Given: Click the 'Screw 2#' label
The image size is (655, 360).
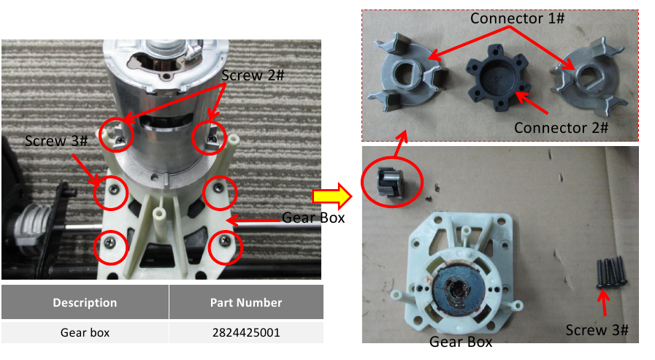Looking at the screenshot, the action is point(253,76).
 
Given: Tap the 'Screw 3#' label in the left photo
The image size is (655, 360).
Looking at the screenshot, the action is point(56,141).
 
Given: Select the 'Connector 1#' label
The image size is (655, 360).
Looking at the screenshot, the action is point(517,18).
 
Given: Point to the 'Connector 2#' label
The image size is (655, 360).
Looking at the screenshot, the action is point(561,128).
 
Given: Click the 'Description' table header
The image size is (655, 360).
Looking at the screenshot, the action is point(85,302).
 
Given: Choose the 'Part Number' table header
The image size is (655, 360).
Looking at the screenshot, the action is point(246,302).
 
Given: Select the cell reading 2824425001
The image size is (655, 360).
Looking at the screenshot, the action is point(246,332).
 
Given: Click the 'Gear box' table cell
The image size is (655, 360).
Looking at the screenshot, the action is point(85,332).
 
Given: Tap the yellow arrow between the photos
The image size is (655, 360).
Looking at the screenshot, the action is point(332,196).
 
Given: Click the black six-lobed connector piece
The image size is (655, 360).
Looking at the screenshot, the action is point(497,77).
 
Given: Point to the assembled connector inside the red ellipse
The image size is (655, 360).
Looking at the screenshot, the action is point(391,182).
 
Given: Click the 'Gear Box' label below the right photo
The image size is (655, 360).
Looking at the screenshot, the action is point(461,342).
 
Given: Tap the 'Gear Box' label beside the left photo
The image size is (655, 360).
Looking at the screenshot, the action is point(313,218).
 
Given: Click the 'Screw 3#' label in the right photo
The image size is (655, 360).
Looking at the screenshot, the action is point(597,330).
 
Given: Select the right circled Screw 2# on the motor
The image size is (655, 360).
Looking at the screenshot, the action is point(211,139).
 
